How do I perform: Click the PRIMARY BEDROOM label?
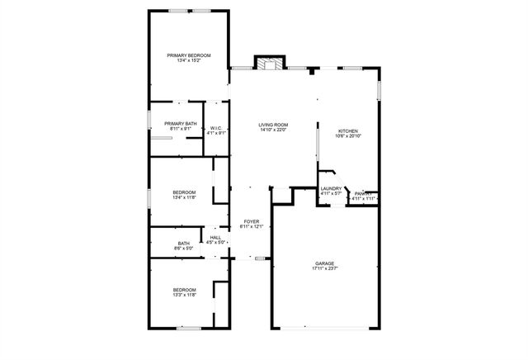(189, 55)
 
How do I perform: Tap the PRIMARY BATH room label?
(181, 124)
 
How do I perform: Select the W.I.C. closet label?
(215, 128)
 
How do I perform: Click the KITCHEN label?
(348, 131)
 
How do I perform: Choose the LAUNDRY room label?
(331, 189)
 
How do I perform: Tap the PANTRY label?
(363, 193)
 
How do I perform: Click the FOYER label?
(251, 221)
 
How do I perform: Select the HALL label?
(215, 238)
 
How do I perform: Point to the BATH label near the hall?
(183, 243)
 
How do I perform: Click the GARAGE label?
(325, 263)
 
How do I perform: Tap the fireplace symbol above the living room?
(268, 64)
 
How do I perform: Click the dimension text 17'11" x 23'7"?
(325, 268)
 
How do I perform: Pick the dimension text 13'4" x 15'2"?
(189, 60)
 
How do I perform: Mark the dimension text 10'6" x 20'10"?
(348, 136)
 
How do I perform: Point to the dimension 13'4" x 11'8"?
(184, 197)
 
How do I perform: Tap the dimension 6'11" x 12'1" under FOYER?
(251, 226)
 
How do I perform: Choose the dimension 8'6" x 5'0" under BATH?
(183, 248)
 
